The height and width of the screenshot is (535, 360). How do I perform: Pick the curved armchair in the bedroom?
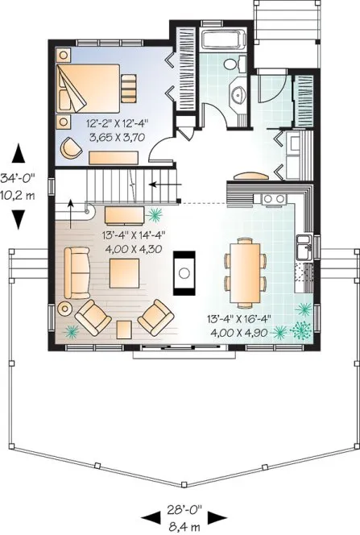(x=73, y=147)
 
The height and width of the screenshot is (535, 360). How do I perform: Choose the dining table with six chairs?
(x=246, y=265)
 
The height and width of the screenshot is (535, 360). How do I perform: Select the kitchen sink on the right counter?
(x=305, y=248)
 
